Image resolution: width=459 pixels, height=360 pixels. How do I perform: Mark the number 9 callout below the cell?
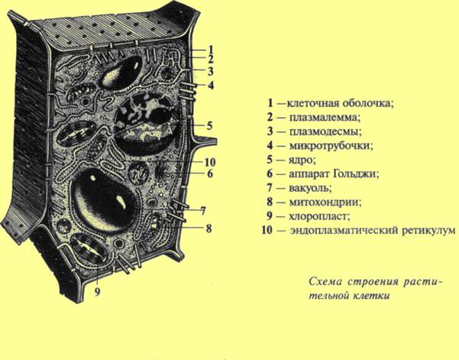98,290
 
